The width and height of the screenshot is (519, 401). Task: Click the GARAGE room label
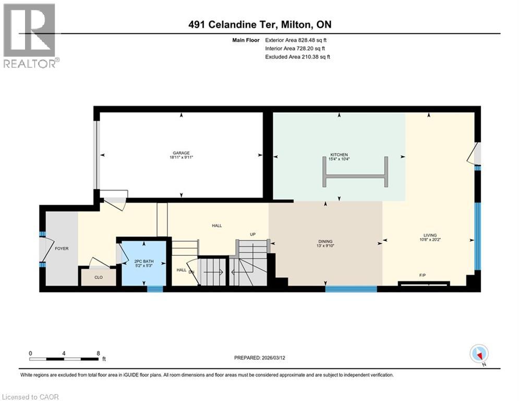coord(182,153)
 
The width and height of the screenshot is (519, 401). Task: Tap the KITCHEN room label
coord(339,155)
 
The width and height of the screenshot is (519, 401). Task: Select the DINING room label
coord(325,241)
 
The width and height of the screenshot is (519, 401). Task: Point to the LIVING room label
coord(430,235)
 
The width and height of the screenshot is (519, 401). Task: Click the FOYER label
coord(62,249)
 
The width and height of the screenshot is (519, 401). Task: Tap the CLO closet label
coord(98,278)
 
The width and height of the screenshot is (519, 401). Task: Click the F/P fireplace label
coord(424,274)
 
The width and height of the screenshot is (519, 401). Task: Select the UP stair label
coord(252,234)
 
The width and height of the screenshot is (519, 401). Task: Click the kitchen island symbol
coord(357,172)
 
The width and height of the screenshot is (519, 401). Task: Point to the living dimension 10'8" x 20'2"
coord(430,240)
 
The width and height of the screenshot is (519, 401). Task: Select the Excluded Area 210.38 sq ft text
coord(297,56)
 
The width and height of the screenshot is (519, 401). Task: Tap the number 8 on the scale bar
coord(98,353)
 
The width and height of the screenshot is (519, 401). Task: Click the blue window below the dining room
coord(351,288)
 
